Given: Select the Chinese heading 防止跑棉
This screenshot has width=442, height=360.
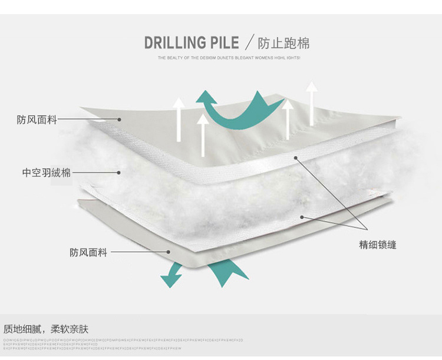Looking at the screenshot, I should click(283, 43).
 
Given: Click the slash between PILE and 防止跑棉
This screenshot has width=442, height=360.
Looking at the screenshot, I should click(249, 43).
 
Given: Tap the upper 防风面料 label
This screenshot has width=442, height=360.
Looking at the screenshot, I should click(37, 120).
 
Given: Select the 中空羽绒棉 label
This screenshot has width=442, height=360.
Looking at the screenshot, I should click(47, 173).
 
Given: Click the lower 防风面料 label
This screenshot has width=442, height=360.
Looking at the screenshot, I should click(88, 253).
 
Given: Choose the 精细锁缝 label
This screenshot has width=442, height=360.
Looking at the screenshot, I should click(378, 245).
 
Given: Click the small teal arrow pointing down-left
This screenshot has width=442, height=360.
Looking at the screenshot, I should click(172, 275).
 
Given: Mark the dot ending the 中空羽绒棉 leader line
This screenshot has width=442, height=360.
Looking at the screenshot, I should click(119, 173).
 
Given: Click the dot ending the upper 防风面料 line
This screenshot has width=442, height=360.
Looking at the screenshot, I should click(119, 120).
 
